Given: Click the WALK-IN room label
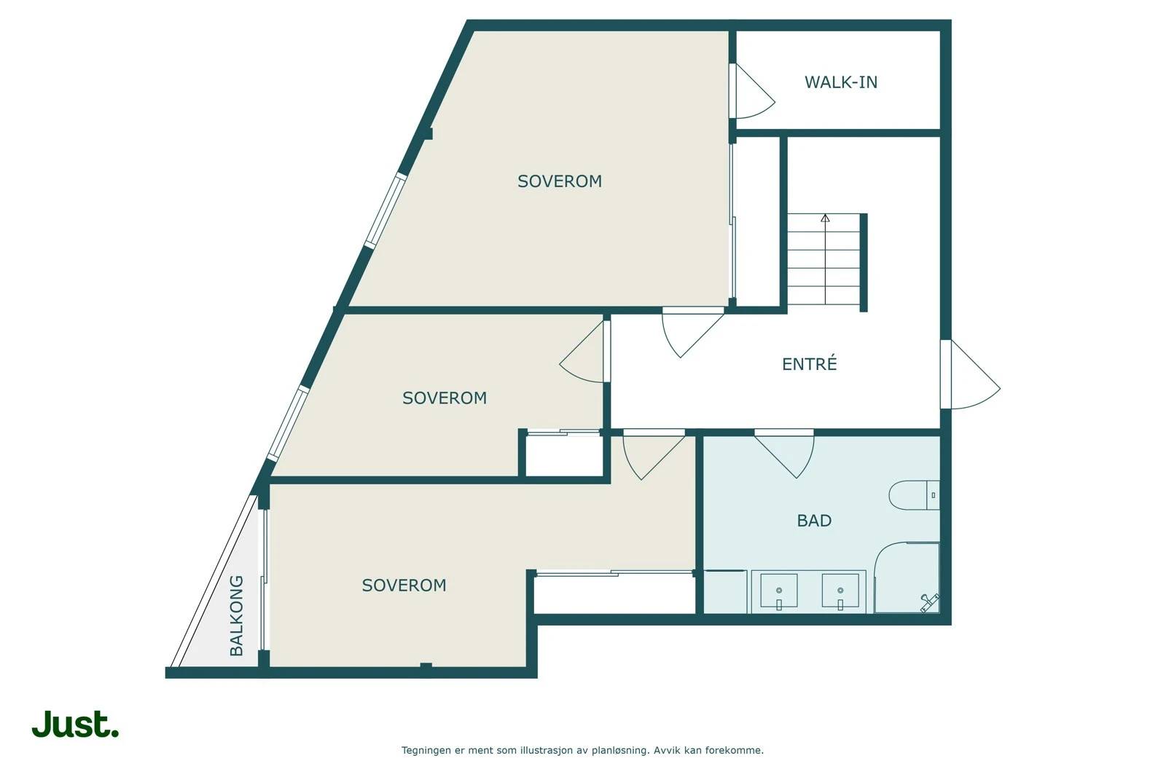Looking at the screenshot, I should click(x=840, y=82).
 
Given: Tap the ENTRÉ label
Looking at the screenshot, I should click(x=809, y=364).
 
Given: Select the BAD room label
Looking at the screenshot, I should click(x=814, y=521).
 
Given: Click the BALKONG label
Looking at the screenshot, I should click(x=237, y=615).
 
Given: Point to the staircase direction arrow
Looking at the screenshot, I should click(x=825, y=218).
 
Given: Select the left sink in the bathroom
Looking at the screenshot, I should click(x=778, y=591).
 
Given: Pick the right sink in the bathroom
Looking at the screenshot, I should click(x=840, y=591).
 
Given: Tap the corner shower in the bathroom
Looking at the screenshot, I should click(x=908, y=579).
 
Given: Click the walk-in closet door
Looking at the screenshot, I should click(x=751, y=91).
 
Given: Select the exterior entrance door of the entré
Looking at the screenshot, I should click(x=969, y=375).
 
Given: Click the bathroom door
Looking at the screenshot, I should click(x=786, y=453).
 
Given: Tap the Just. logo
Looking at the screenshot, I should click(x=75, y=725).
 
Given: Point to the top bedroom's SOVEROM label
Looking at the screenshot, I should click(x=560, y=181).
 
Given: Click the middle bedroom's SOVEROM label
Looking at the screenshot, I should click(x=445, y=398).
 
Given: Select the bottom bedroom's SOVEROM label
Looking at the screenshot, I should click(x=404, y=585).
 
